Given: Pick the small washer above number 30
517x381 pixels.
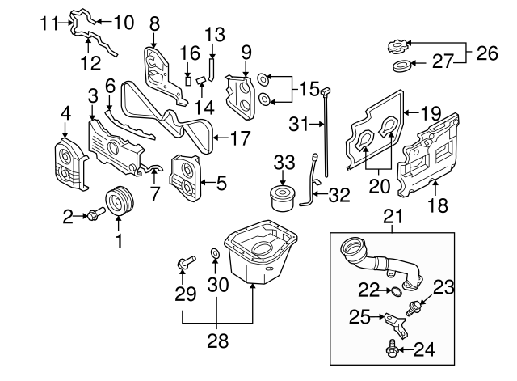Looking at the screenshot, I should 215,256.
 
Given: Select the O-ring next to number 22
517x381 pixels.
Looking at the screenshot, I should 394,289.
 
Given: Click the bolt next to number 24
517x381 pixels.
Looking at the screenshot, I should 392,349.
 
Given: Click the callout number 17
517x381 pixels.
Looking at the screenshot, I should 241,138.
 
